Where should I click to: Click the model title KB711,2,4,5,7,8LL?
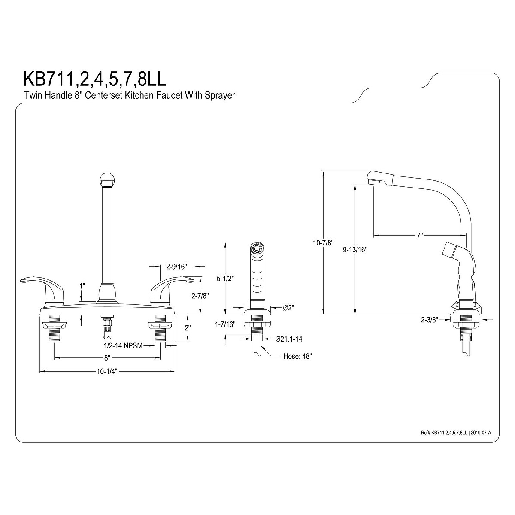95,79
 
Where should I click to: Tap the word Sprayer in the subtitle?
220,95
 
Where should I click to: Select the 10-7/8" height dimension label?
324,243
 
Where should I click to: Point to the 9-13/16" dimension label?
355,250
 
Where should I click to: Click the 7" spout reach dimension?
420,236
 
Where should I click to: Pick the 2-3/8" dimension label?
430,320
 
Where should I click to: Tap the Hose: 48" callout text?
298,356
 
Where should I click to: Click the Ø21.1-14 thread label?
289,339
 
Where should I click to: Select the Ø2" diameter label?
289,308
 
